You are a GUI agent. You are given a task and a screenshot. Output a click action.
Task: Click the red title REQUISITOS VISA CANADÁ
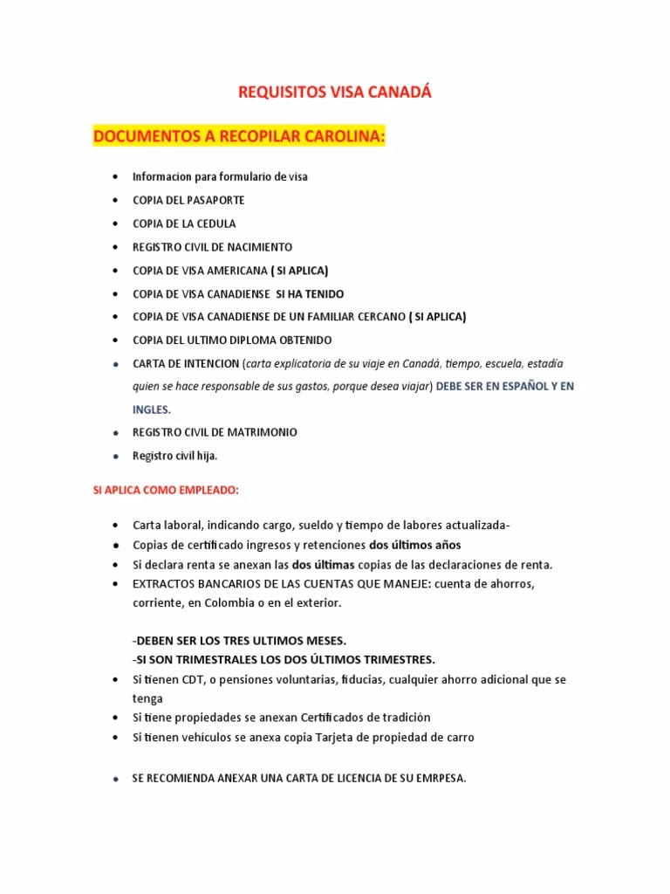click(335, 92)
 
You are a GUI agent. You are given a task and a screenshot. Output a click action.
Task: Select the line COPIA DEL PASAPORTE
click(188, 200)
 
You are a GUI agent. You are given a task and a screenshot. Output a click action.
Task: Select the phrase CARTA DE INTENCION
click(184, 363)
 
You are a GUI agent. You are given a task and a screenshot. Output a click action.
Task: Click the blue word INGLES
click(146, 409)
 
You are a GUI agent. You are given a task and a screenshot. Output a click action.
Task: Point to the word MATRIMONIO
click(260, 432)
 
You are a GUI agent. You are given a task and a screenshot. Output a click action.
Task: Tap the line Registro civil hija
click(174, 456)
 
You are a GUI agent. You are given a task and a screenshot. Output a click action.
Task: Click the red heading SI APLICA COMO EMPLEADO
click(166, 491)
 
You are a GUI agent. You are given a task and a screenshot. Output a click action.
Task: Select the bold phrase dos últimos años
click(427, 545)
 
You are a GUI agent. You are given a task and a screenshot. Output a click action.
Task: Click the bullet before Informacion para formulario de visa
click(116, 177)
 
